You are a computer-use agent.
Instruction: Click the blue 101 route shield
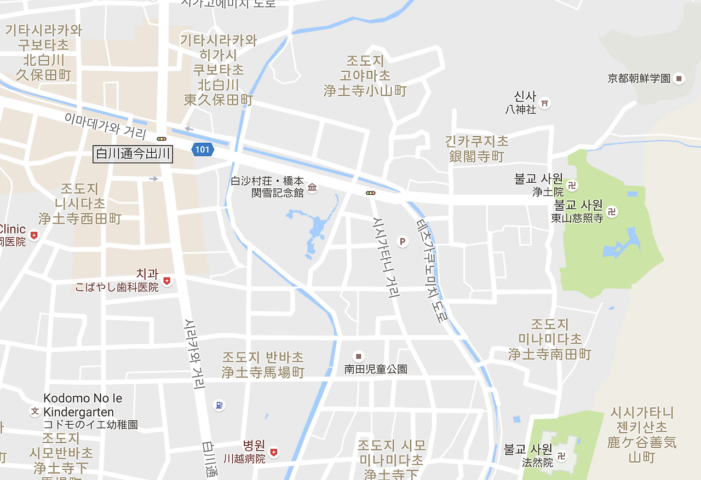point(202,149)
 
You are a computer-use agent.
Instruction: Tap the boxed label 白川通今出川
point(133,155)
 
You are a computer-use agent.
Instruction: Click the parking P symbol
point(403,241)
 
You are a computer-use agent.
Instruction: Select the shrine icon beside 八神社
point(545,102)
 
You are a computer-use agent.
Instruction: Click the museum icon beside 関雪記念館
point(312,188)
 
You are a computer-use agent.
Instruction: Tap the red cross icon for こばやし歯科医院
point(167,281)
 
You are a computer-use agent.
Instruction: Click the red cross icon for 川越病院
point(274,453)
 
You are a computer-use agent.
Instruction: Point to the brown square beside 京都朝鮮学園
point(679,79)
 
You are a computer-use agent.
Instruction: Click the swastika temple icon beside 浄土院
point(572,186)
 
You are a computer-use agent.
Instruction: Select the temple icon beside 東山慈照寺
point(612,211)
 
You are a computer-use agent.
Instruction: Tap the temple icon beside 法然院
point(561,455)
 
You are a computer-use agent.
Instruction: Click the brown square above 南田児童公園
point(359,356)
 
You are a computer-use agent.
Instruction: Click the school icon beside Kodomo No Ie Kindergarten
point(35,411)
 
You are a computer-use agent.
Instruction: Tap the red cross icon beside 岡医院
point(35,235)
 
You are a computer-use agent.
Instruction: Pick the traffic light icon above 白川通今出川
point(161,139)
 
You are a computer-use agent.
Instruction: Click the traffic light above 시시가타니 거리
point(371,193)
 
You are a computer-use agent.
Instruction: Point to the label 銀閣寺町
point(476,157)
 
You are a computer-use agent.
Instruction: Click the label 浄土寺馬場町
point(263,373)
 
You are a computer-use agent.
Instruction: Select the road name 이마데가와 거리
point(105,125)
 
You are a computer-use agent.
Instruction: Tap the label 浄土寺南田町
point(550,354)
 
